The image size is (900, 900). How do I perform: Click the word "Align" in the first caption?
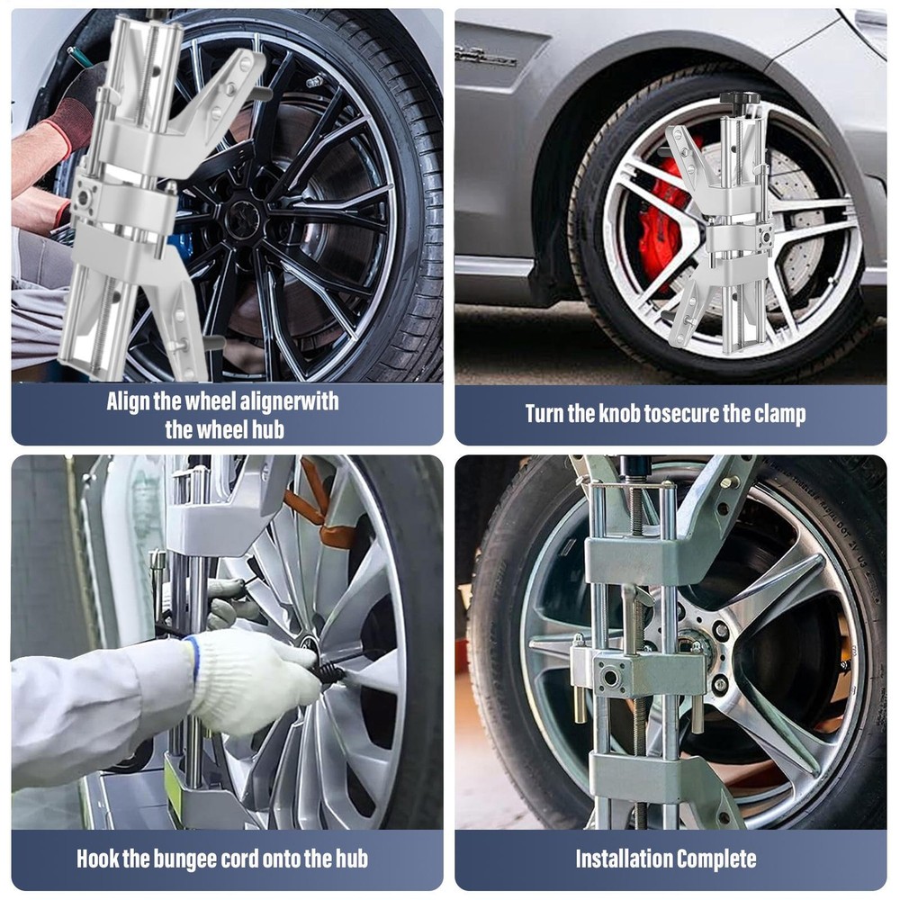(x=128, y=401)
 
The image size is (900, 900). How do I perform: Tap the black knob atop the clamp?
(x=739, y=99)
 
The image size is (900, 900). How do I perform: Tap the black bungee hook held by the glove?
(x=329, y=671)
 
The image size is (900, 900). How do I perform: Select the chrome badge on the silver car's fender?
(x=487, y=57)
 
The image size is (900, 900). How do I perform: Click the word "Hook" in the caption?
(x=99, y=859)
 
